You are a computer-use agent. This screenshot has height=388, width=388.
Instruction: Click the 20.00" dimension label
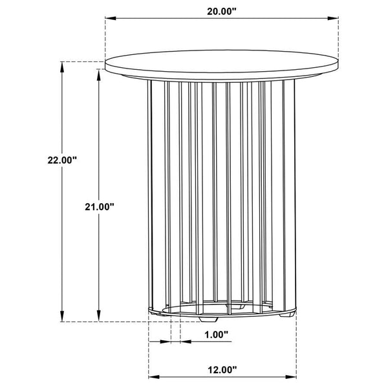click(x=222, y=12)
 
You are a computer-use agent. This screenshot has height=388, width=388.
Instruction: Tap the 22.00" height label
click(x=62, y=160)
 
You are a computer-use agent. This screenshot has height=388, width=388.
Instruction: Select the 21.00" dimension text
click(x=99, y=207)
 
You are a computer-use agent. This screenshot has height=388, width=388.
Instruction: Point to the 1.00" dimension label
click(x=216, y=334)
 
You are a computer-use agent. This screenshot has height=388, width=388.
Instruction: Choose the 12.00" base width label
click(x=222, y=370)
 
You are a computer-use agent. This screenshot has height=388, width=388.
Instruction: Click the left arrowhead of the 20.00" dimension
click(x=111, y=18)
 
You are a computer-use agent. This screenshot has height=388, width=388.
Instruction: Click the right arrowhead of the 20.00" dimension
click(x=333, y=18)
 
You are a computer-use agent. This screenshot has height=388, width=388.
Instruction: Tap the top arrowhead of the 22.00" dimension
click(x=62, y=67)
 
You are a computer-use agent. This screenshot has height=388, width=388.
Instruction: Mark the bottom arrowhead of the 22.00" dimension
click(x=62, y=316)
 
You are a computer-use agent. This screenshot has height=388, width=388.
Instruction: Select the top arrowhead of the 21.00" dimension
click(x=99, y=74)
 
